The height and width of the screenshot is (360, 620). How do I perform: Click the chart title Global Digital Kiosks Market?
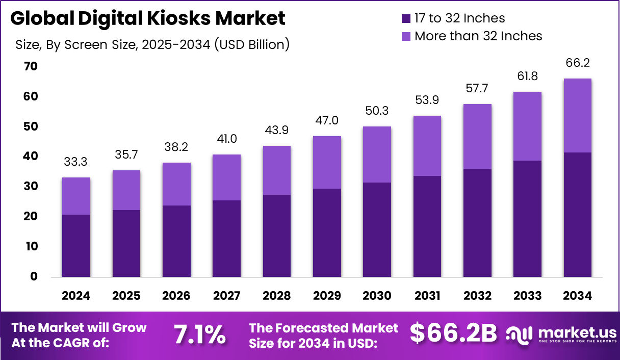point(147,19)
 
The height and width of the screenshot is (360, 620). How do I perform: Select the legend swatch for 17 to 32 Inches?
point(406,19)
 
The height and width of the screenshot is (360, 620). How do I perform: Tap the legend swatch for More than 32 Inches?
point(406,36)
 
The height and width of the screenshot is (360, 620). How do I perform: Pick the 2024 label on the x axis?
point(76,296)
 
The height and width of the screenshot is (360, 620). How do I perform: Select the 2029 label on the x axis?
point(327,296)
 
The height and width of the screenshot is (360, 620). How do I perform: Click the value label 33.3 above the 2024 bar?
point(76,162)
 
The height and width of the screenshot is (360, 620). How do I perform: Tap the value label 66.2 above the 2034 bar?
point(577,63)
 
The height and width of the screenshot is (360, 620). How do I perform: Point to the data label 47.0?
point(327,121)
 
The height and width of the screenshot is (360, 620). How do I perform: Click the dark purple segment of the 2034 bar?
point(577,214)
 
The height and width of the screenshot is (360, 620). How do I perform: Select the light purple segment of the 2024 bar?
point(76,196)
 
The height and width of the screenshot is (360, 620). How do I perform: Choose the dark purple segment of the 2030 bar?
point(377,229)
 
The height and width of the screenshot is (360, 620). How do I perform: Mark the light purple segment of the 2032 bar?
point(477,136)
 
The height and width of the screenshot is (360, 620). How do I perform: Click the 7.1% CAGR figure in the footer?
point(200,335)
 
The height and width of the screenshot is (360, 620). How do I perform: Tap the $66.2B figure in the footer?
point(453,334)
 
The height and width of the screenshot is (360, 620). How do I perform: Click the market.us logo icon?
point(519,334)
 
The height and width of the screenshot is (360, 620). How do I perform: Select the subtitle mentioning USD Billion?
point(152,44)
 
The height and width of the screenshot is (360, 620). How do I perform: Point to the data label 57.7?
point(477,89)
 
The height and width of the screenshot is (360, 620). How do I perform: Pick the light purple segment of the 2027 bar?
point(226,177)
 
